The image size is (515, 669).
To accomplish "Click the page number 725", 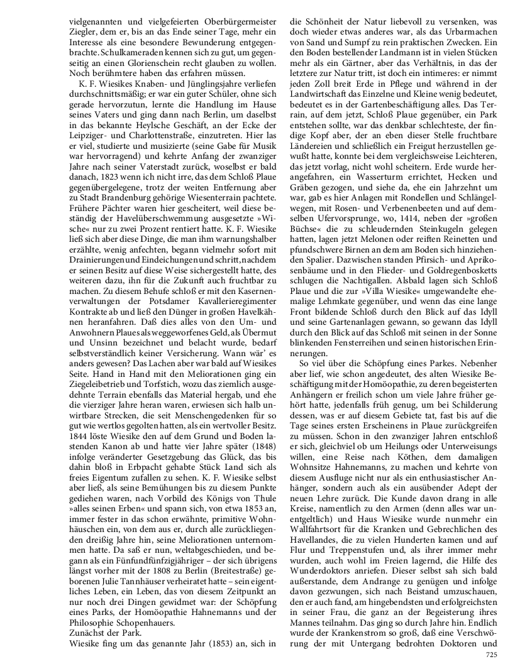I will (492, 655).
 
